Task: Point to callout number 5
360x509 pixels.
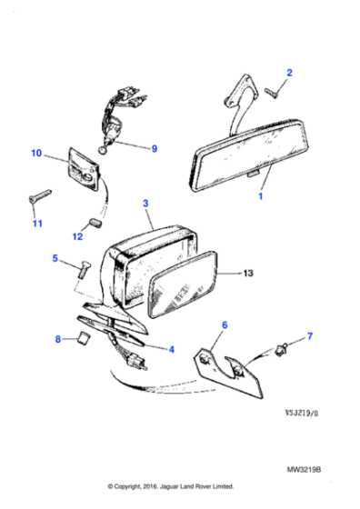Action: coord(55,259)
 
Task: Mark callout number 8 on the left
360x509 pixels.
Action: coord(57,340)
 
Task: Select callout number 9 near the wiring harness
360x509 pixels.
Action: coord(154,148)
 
